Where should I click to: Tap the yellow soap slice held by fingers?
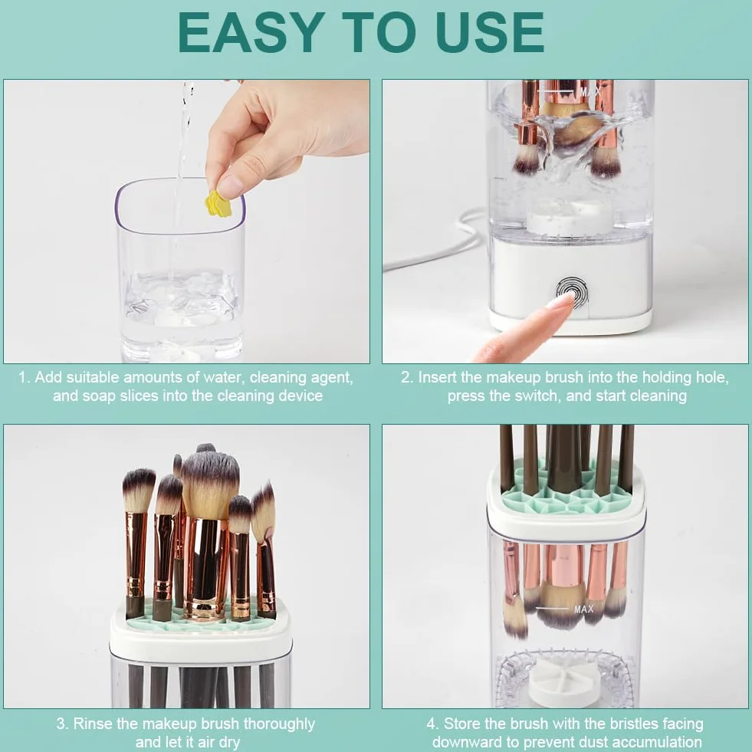218,203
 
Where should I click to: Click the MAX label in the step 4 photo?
583,609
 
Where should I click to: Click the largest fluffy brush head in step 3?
209,484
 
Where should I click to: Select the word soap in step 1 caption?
100,396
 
